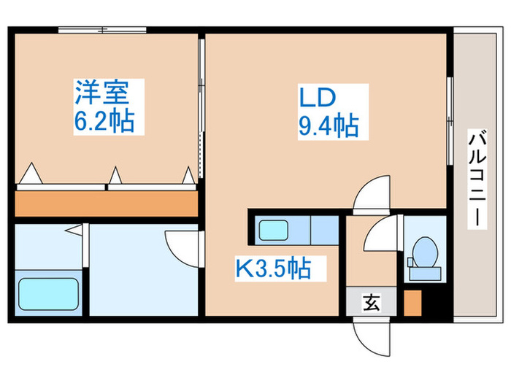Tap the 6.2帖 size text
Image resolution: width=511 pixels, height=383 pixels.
tap(104, 120)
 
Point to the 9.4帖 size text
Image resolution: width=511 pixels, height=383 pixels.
tap(328, 127)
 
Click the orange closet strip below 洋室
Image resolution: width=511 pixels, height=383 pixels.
tap(107, 202)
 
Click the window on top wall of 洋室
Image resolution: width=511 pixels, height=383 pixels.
tap(101, 31)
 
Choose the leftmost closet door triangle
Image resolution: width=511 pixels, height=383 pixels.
tap(31, 176)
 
